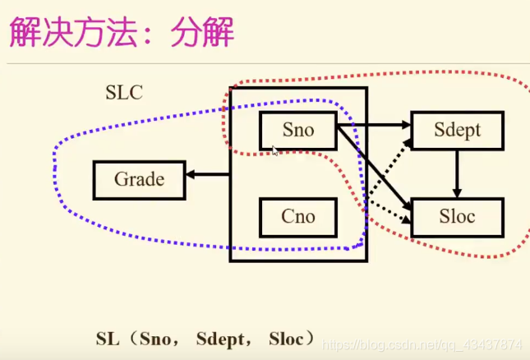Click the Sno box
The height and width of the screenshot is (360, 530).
(297, 130)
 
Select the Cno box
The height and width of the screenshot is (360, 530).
(297, 216)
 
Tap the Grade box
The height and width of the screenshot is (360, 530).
(139, 179)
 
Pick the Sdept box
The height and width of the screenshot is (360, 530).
(457, 130)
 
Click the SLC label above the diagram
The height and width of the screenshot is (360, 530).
(124, 92)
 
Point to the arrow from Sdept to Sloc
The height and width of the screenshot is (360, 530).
(458, 173)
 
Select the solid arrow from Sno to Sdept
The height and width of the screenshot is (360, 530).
(374, 125)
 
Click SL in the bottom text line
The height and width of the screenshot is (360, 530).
(108, 337)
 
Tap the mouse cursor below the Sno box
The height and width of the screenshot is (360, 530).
(275, 150)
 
